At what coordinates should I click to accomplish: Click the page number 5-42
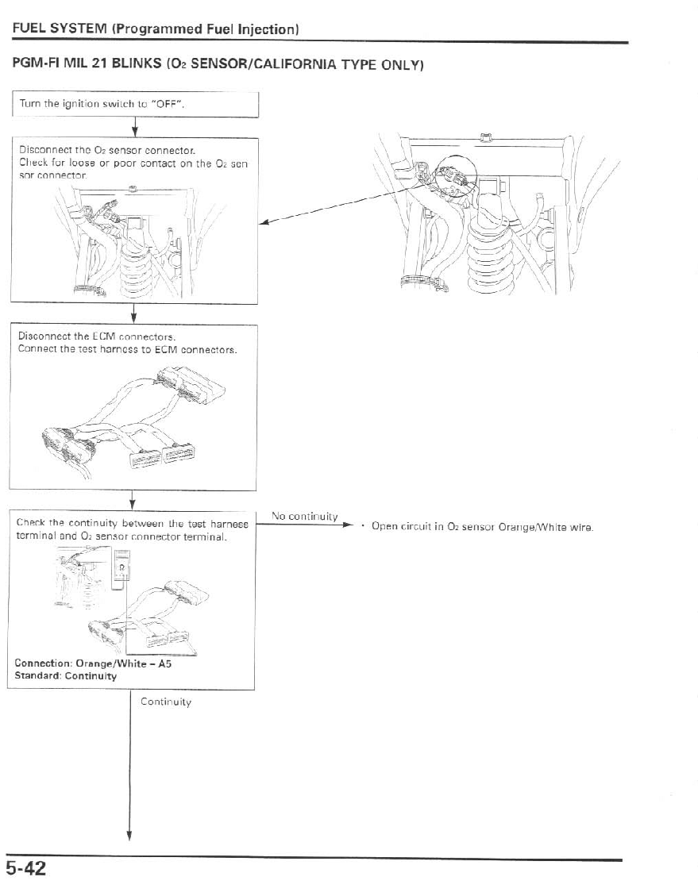tap(27, 870)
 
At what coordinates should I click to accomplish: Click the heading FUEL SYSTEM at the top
tap(60, 30)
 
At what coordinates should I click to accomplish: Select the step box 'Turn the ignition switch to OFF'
tap(135, 104)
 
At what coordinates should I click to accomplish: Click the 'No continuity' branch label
tap(305, 517)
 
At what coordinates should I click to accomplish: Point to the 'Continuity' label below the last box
tap(166, 702)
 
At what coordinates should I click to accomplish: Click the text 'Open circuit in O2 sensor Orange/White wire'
tap(484, 527)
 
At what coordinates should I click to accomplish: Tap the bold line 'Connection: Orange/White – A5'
tap(94, 664)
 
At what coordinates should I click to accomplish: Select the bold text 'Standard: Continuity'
tap(66, 676)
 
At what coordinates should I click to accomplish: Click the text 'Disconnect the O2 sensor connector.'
tap(107, 149)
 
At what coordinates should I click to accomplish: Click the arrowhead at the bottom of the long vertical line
tap(129, 834)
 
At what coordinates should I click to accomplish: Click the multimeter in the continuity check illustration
tap(121, 572)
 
